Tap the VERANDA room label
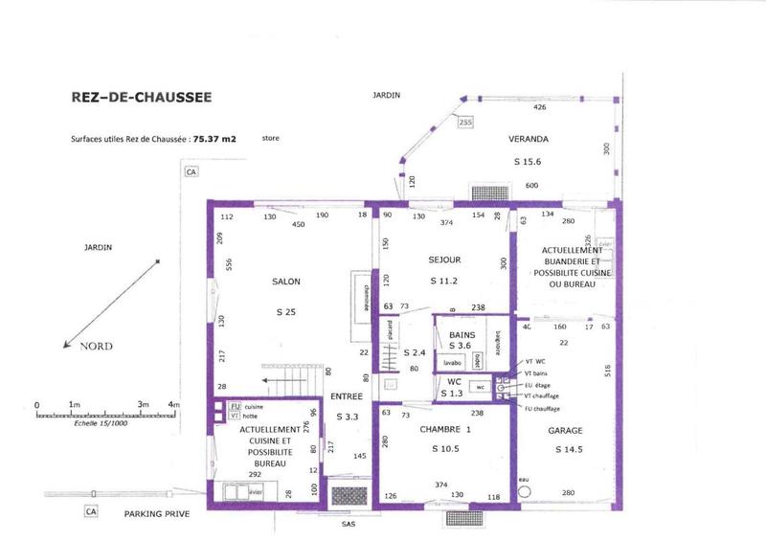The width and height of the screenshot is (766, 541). (529, 138)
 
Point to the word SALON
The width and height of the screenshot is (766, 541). (285, 282)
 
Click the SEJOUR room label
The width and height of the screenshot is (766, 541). (444, 259)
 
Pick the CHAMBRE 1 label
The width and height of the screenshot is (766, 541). (446, 430)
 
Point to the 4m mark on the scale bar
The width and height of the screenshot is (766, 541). (173, 406)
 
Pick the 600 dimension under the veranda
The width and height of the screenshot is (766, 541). (531, 186)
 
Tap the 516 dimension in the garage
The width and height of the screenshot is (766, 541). (606, 370)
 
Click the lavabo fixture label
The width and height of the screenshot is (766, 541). (452, 363)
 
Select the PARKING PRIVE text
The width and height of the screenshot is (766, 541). (157, 514)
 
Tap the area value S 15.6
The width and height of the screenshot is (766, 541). (528, 162)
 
